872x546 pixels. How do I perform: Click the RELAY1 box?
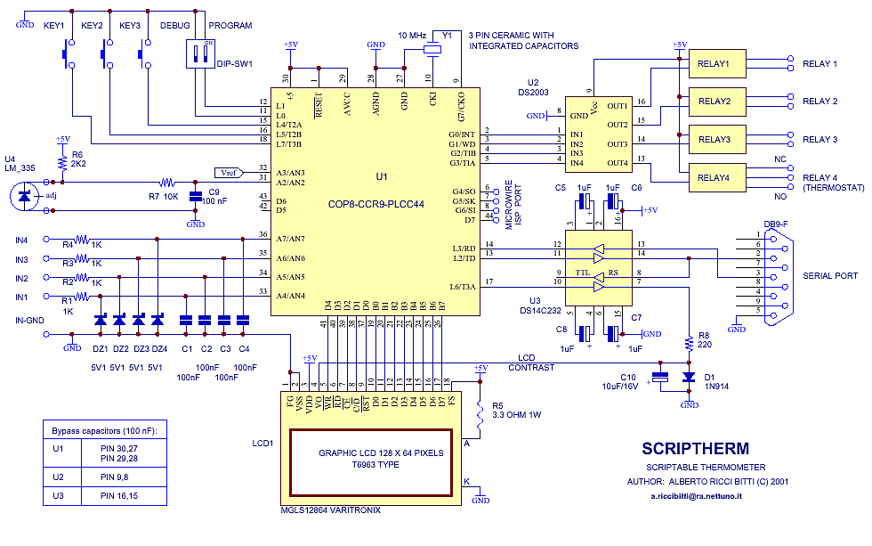tap(715, 65)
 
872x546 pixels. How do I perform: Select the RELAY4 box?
tap(715, 178)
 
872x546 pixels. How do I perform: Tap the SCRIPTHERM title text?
tap(695, 449)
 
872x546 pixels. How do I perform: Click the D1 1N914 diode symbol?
tap(688, 378)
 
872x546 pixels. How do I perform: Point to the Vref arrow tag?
tap(227, 172)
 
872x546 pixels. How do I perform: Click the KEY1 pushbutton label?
tap(55, 26)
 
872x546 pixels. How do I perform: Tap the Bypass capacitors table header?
tap(104, 431)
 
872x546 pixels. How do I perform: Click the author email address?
tap(696, 495)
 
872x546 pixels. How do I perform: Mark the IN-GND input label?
tap(31, 319)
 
